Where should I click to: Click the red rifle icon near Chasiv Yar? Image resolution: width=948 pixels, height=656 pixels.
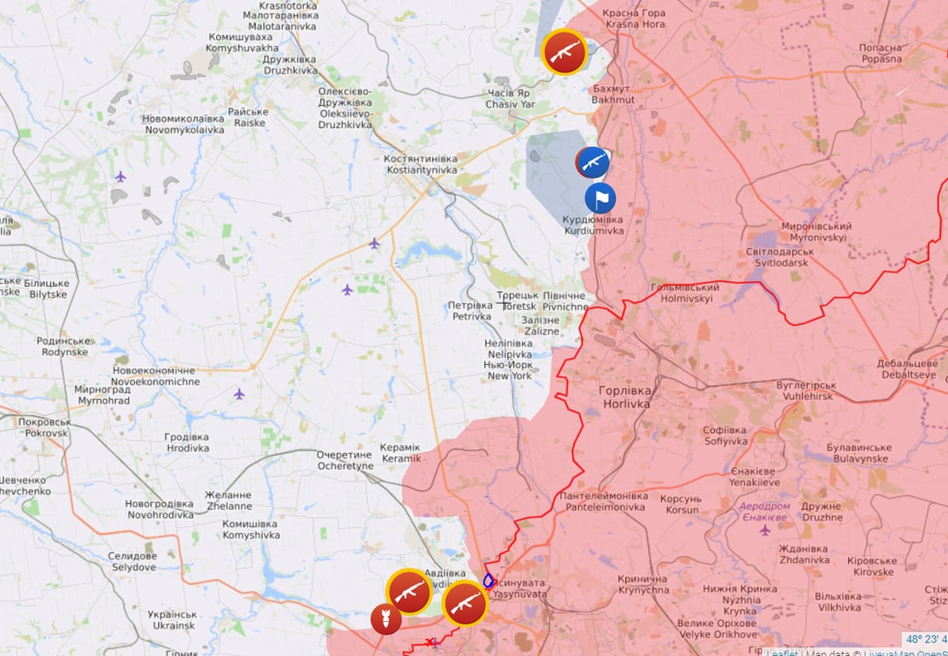565,52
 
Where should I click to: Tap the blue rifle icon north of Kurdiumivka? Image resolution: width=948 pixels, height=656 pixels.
592,161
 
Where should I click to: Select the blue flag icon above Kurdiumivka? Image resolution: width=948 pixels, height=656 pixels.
600,198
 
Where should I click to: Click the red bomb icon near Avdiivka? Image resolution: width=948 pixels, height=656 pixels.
385,618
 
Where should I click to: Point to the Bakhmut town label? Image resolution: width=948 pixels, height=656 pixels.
613,94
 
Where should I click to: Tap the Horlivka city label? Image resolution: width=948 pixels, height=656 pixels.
625,397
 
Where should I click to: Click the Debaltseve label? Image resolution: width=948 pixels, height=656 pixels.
907,369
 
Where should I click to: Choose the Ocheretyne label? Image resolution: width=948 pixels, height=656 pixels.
345,460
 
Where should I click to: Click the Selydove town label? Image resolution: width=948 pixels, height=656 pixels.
132,561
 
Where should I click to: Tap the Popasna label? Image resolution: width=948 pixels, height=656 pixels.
881,54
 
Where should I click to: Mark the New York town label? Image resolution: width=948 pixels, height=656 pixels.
510,370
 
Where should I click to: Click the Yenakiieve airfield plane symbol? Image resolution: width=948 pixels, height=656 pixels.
764,530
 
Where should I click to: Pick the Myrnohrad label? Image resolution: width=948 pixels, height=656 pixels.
103,395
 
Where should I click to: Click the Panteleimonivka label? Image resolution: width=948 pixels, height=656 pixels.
603,501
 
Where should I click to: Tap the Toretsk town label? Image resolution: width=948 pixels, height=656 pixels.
518,301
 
